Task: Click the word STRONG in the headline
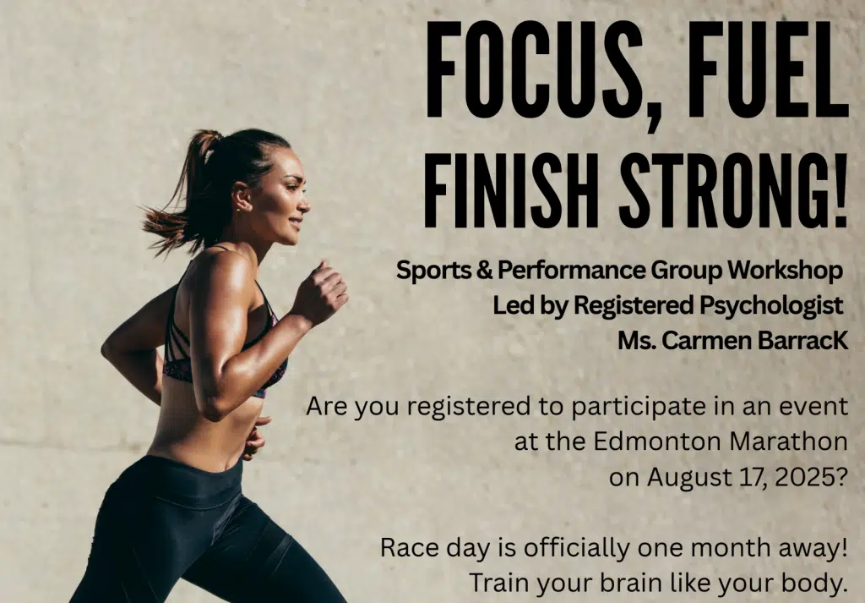pyautogui.click(x=722, y=190)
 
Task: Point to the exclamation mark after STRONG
pyautogui.click(x=841, y=190)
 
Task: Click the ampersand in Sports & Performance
pyautogui.click(x=484, y=270)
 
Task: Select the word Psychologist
pyautogui.click(x=771, y=306)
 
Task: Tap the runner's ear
pyautogui.click(x=242, y=196)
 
